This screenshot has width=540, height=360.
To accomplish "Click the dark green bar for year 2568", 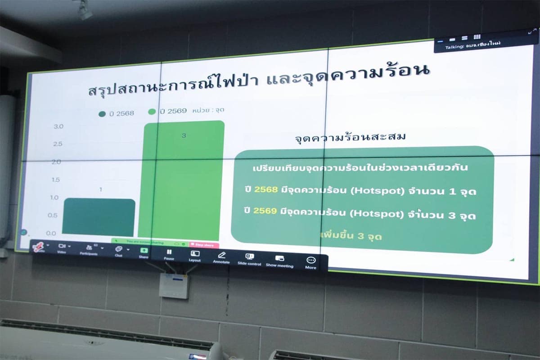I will (x=99, y=217).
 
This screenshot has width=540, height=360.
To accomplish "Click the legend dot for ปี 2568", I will (x=102, y=113).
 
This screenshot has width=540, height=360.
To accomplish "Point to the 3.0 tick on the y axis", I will (x=58, y=126).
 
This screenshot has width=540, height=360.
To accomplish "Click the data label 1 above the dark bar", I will (x=100, y=189).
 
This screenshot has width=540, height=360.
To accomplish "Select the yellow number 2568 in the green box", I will (x=265, y=189).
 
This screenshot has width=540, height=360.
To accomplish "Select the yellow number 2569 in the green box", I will (x=265, y=211).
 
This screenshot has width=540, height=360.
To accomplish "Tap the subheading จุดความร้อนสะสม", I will (x=350, y=137).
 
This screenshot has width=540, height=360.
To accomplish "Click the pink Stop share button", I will (x=204, y=245).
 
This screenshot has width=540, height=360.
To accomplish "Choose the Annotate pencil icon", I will (x=221, y=255).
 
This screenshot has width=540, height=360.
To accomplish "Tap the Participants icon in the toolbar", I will (x=89, y=247).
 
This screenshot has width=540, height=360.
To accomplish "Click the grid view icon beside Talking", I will (x=477, y=36).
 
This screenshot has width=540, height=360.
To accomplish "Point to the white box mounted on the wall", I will (x=174, y=285).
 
